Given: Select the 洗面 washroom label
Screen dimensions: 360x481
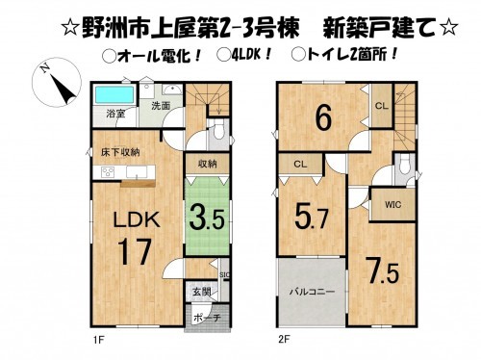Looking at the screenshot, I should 161,105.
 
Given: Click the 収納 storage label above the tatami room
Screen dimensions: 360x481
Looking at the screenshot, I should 204,164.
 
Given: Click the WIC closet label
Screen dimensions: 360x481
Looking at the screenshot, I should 392,204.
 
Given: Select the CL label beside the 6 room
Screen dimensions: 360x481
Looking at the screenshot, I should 381,105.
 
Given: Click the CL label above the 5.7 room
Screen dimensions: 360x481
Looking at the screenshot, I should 300,165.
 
